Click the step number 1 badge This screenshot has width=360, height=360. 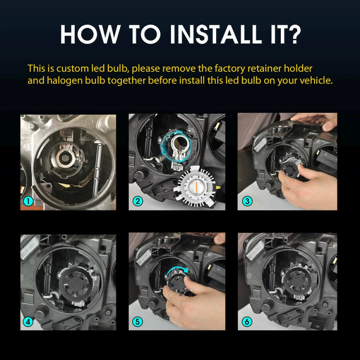coord(27,202)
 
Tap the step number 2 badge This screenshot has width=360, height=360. coord(137,201)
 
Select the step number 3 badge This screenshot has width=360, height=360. coord(246,202)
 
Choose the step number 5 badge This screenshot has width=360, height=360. coord(137,322)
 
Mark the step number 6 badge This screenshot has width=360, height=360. coord(246,322)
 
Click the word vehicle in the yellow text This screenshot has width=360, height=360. coord(318,81)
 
